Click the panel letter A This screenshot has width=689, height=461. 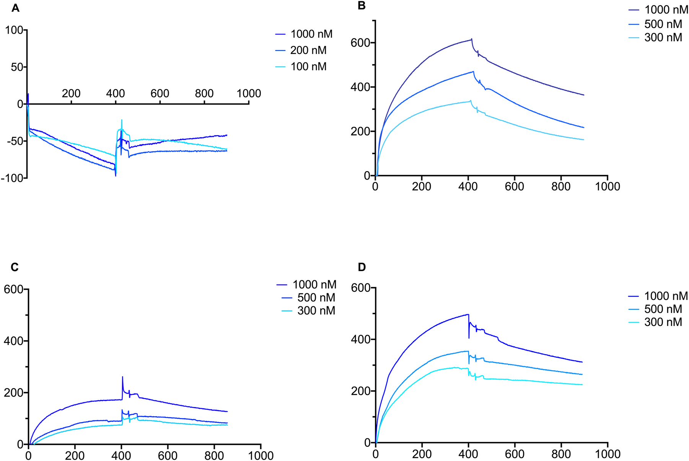15,8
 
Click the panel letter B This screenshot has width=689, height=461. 362,6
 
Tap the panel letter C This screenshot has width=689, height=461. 15,267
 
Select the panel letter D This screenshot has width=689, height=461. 362,267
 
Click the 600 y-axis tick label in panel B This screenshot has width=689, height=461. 360,43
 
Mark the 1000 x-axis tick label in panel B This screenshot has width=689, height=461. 608,186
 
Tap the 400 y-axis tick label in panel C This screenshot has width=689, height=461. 13,341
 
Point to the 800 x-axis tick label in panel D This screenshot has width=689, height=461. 561,454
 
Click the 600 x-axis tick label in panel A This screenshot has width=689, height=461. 160,93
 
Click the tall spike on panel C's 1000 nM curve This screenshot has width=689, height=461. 122,377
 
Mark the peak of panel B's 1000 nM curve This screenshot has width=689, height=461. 472,39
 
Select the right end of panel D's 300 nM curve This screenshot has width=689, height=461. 582,384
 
